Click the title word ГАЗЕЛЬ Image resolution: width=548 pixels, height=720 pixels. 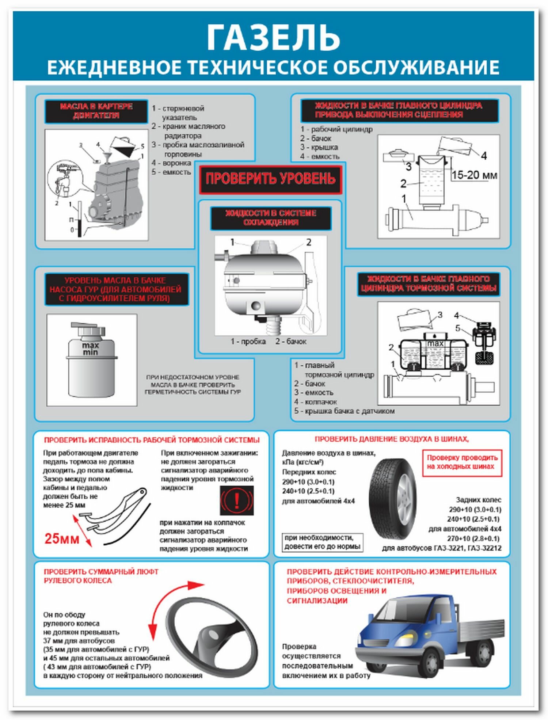273,38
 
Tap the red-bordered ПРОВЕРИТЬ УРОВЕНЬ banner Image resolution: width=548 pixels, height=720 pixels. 270,179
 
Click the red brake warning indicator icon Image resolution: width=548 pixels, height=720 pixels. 236,500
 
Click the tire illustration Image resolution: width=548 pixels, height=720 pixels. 393,499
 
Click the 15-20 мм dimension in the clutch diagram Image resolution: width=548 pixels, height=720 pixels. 474,175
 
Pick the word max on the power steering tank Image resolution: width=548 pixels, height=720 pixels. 90,345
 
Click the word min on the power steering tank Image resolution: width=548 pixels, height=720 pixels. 90,352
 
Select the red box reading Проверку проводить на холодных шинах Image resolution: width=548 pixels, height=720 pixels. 462,462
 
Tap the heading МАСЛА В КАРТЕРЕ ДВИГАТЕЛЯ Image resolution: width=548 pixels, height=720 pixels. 96,111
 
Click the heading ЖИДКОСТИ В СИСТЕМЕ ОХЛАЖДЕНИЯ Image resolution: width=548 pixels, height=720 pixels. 270,218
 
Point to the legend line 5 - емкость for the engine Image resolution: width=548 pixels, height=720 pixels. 171,172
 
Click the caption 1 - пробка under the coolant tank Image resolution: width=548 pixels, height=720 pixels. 248,342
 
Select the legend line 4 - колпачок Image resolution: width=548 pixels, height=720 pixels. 316,402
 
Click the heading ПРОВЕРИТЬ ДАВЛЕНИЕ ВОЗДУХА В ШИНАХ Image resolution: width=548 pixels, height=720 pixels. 392,439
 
